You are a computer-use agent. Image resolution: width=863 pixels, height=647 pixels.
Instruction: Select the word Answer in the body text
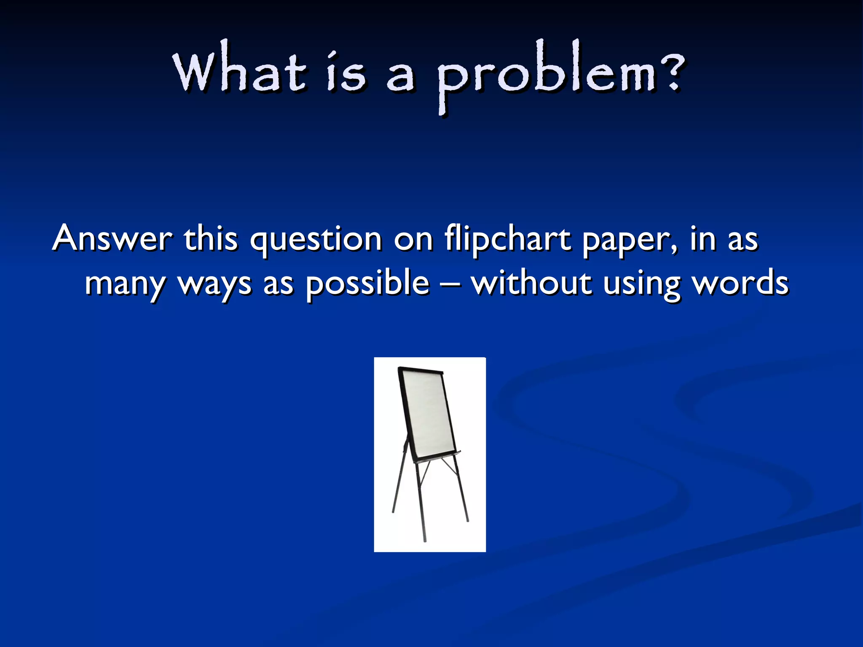[x=113, y=238]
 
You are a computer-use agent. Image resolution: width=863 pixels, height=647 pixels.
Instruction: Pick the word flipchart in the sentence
[x=507, y=239]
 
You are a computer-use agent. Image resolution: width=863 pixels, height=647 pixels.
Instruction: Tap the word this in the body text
[x=211, y=238]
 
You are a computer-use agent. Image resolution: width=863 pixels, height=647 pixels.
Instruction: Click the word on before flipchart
[x=413, y=239]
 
